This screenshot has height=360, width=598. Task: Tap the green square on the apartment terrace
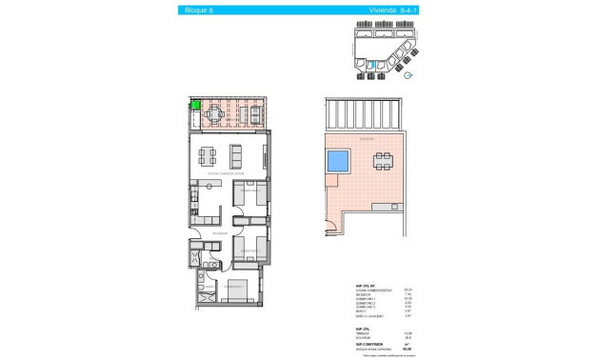coord(194,107)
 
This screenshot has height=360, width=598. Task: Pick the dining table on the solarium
coord(383,161)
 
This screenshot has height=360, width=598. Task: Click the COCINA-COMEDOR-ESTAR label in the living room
coord(226,173)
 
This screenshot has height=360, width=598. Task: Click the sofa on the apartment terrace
coord(256,116)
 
